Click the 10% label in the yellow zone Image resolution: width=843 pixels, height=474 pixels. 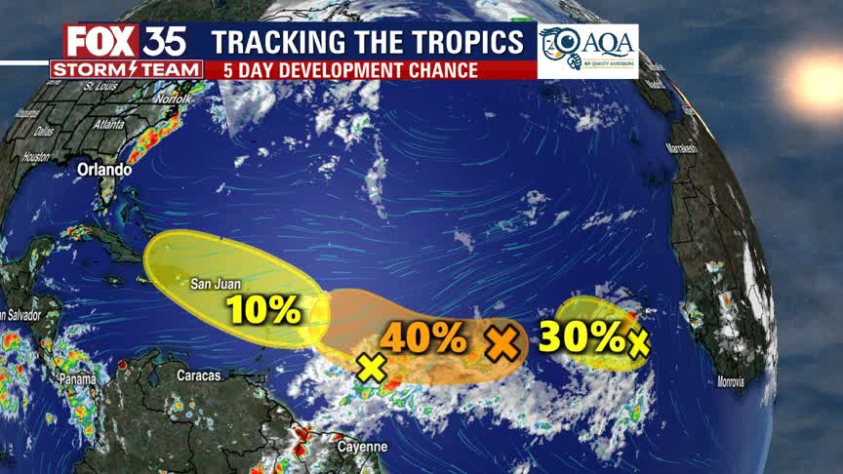(x=263, y=310)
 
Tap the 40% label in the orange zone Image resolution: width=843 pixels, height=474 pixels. (x=423, y=337)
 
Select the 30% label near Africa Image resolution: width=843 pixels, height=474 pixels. (x=581, y=337)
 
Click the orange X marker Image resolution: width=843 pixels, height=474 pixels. (x=502, y=341)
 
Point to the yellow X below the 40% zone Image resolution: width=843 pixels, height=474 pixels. (x=371, y=368)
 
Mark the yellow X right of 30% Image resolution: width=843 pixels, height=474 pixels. (x=639, y=342)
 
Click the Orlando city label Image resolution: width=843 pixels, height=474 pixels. (x=104, y=170)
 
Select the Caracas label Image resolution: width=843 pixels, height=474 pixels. (x=200, y=375)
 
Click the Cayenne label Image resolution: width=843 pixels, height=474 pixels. (x=363, y=447)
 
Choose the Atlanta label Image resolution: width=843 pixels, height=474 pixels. (x=108, y=125)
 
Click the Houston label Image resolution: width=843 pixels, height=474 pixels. (x=36, y=156)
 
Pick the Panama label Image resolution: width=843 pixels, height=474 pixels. (x=78, y=378)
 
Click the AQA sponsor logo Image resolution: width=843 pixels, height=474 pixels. (x=587, y=51)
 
